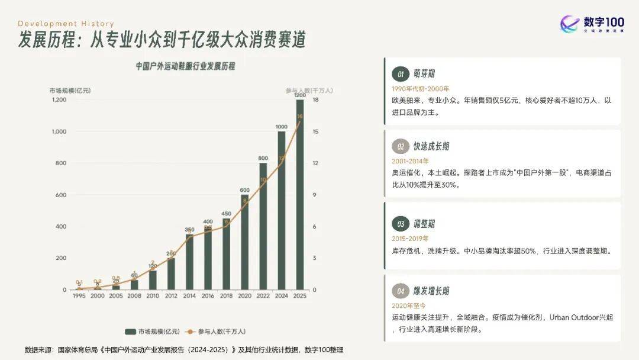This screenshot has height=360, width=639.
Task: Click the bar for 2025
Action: (x=300, y=195)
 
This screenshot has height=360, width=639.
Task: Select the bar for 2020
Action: (x=244, y=243)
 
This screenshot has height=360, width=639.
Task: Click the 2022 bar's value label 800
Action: (x=263, y=158)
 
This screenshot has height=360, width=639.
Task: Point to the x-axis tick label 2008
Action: (x=134, y=295)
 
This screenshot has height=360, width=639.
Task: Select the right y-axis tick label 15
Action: (x=316, y=131)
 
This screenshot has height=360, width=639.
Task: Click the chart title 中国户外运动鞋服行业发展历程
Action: (x=185, y=66)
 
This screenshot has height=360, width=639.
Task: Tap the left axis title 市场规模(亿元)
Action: (x=70, y=91)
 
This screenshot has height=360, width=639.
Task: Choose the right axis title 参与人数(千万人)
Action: (x=308, y=91)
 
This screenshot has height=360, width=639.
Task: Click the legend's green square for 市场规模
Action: (x=130, y=332)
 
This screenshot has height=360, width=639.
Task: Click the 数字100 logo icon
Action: (x=570, y=24)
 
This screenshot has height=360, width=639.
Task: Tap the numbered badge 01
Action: (x=401, y=74)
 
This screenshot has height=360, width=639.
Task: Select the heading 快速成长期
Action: (x=431, y=146)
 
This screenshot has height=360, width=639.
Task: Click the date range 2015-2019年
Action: (x=411, y=239)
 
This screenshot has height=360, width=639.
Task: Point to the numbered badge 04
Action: (x=401, y=291)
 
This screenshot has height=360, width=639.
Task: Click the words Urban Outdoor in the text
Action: (x=573, y=317)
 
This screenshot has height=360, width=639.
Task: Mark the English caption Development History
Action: (x=66, y=24)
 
